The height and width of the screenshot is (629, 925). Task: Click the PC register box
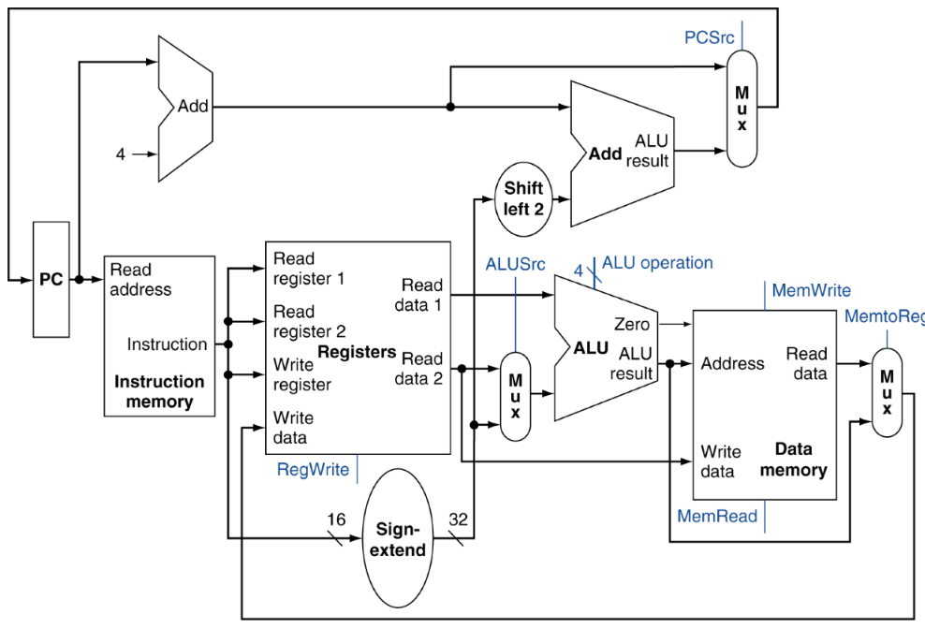click(51, 279)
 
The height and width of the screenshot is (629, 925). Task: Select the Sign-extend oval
click(398, 538)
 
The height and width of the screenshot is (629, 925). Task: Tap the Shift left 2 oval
click(523, 199)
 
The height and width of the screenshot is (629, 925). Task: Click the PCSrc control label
click(709, 37)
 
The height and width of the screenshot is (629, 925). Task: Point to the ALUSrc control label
click(515, 264)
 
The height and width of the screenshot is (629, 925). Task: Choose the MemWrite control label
click(811, 290)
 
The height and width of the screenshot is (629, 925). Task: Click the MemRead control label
click(717, 517)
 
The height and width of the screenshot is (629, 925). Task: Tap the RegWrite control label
click(313, 470)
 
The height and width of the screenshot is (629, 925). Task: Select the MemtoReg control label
click(885, 317)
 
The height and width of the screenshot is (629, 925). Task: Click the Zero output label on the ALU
click(631, 324)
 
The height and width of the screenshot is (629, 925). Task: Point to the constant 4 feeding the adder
click(121, 154)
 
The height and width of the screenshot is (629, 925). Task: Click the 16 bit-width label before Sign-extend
click(336, 519)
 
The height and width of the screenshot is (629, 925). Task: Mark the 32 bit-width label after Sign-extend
click(459, 519)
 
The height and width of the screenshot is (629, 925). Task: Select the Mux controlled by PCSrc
click(741, 109)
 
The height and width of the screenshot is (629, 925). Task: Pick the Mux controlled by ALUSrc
click(515, 397)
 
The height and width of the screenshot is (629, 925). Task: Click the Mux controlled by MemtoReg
click(887, 392)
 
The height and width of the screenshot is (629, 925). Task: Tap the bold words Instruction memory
click(159, 392)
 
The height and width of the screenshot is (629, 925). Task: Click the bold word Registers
click(357, 352)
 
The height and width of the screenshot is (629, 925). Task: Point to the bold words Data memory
click(793, 460)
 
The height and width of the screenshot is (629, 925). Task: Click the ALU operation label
click(657, 263)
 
